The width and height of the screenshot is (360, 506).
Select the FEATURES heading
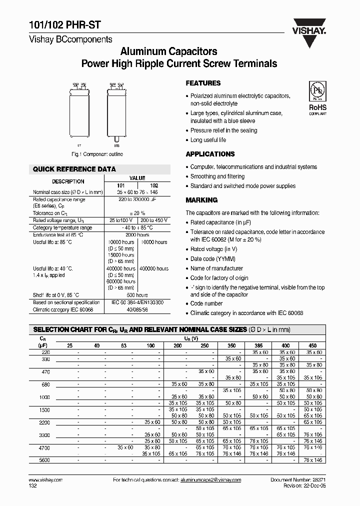click(x=203, y=83)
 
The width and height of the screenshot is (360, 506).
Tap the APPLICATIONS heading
click(x=210, y=154)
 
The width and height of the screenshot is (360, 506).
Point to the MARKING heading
click(x=201, y=200)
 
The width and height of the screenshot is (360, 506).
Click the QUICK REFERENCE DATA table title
click(x=74, y=169)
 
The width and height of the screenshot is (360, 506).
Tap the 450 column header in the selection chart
click(x=313, y=345)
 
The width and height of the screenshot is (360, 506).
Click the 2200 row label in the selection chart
click(x=45, y=422)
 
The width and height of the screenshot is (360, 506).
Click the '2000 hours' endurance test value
click(x=137, y=234)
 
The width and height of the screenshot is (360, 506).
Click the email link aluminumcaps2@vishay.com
click(x=210, y=479)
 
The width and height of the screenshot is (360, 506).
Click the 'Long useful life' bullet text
click(x=208, y=140)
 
